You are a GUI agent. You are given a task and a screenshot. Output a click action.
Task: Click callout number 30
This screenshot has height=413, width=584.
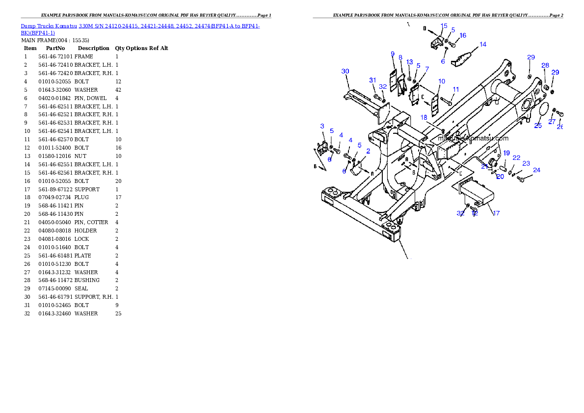pyautogui.click(x=345, y=72)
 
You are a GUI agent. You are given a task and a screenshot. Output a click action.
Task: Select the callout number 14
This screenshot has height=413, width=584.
pyautogui.click(x=483, y=45)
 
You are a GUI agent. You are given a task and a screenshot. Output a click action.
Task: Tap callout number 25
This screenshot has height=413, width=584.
pyautogui.click(x=538, y=126)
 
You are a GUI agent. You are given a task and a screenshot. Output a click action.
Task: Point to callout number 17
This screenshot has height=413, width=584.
pyautogui.click(x=496, y=213)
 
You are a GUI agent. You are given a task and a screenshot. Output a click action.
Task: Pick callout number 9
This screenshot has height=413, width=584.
pyautogui.click(x=393, y=53)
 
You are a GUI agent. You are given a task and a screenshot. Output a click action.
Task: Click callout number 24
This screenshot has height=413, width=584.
pyautogui.click(x=536, y=170)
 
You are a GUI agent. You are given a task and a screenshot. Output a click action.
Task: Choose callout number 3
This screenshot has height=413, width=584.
pyautogui.click(x=322, y=127)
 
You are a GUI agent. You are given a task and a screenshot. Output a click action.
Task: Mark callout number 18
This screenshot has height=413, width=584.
pyautogui.click(x=424, y=117)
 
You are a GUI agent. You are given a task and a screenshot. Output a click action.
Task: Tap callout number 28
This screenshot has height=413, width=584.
pyautogui.click(x=545, y=66)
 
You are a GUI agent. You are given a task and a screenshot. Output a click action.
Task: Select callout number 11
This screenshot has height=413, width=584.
pyautogui.click(x=456, y=90)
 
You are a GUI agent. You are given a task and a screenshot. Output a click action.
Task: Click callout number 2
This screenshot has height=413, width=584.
pyautogui.click(x=368, y=152)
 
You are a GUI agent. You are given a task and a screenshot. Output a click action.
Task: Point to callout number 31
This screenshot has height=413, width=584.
pyautogui.click(x=372, y=80)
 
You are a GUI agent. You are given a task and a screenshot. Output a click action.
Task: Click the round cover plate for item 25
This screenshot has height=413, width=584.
pyautogui.click(x=543, y=109)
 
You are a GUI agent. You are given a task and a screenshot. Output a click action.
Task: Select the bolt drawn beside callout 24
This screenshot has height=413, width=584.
pyautogui.click(x=521, y=180)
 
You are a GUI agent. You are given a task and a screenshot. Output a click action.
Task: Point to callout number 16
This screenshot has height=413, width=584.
pyautogui.click(x=463, y=36)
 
